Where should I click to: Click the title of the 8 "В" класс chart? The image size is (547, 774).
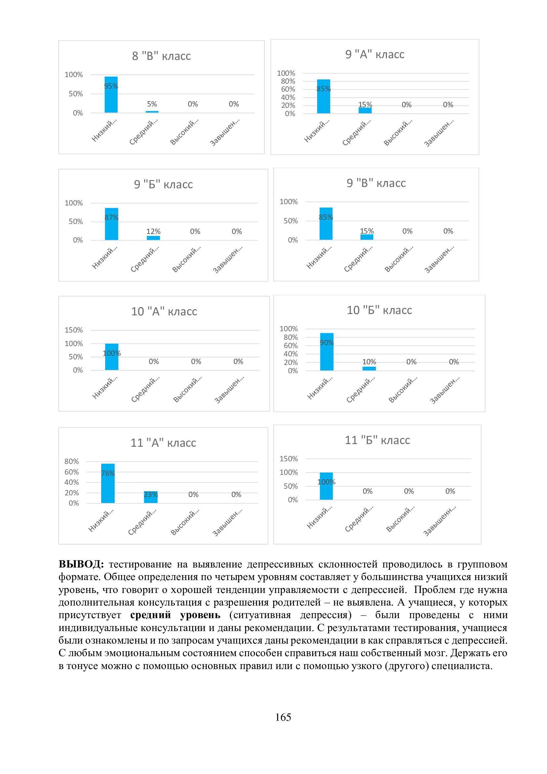(x=161, y=56)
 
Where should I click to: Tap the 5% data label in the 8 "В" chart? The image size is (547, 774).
(x=152, y=104)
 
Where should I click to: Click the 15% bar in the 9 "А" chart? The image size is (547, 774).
(x=365, y=110)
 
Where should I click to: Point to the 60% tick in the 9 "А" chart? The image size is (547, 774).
(x=288, y=89)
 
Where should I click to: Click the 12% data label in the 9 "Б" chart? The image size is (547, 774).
(x=153, y=232)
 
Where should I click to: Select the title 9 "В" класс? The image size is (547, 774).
(x=376, y=183)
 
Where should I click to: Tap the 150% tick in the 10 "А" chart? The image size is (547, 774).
(x=74, y=330)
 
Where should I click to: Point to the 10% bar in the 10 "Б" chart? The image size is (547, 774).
(x=369, y=368)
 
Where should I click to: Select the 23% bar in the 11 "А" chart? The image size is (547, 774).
(x=150, y=497)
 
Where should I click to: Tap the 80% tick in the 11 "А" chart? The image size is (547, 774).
(x=72, y=461)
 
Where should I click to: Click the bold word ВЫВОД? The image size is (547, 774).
(x=81, y=564)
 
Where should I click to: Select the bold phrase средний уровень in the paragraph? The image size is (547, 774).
(x=175, y=615)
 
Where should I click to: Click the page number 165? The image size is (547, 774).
(x=283, y=717)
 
